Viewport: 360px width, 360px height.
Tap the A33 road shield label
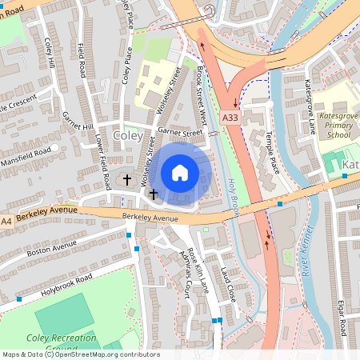[230, 118]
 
